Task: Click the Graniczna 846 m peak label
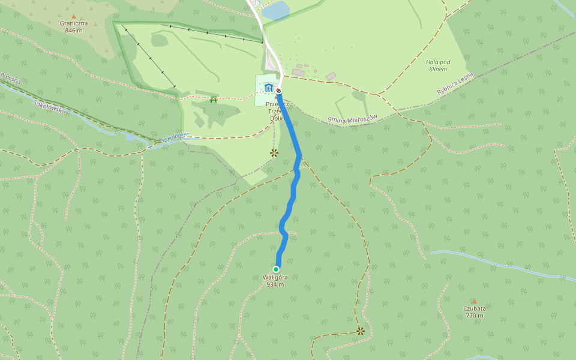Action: pyautogui.click(x=74, y=27)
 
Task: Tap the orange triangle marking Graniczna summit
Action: pyautogui.click(x=74, y=17)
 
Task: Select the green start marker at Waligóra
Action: pyautogui.click(x=276, y=269)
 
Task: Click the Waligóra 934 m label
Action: pyautogui.click(x=275, y=281)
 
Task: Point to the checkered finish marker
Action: pyautogui.click(x=278, y=91)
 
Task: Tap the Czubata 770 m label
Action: pyautogui.click(x=474, y=312)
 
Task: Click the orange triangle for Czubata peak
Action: pyautogui.click(x=474, y=301)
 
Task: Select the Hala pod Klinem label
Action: pyautogui.click(x=438, y=65)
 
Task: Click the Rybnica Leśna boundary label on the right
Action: pyautogui.click(x=455, y=83)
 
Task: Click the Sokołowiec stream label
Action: pyautogui.click(x=175, y=138)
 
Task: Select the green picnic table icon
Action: pyautogui.click(x=214, y=100)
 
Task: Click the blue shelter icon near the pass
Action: pyautogui.click(x=268, y=88)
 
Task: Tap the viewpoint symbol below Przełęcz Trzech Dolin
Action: pyautogui.click(x=274, y=153)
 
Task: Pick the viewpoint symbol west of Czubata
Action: pyautogui.click(x=361, y=331)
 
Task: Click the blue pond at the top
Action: pyautogui.click(x=275, y=10)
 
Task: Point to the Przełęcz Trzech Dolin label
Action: pyautogui.click(x=277, y=111)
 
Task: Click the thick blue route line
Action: pyautogui.click(x=293, y=192)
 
